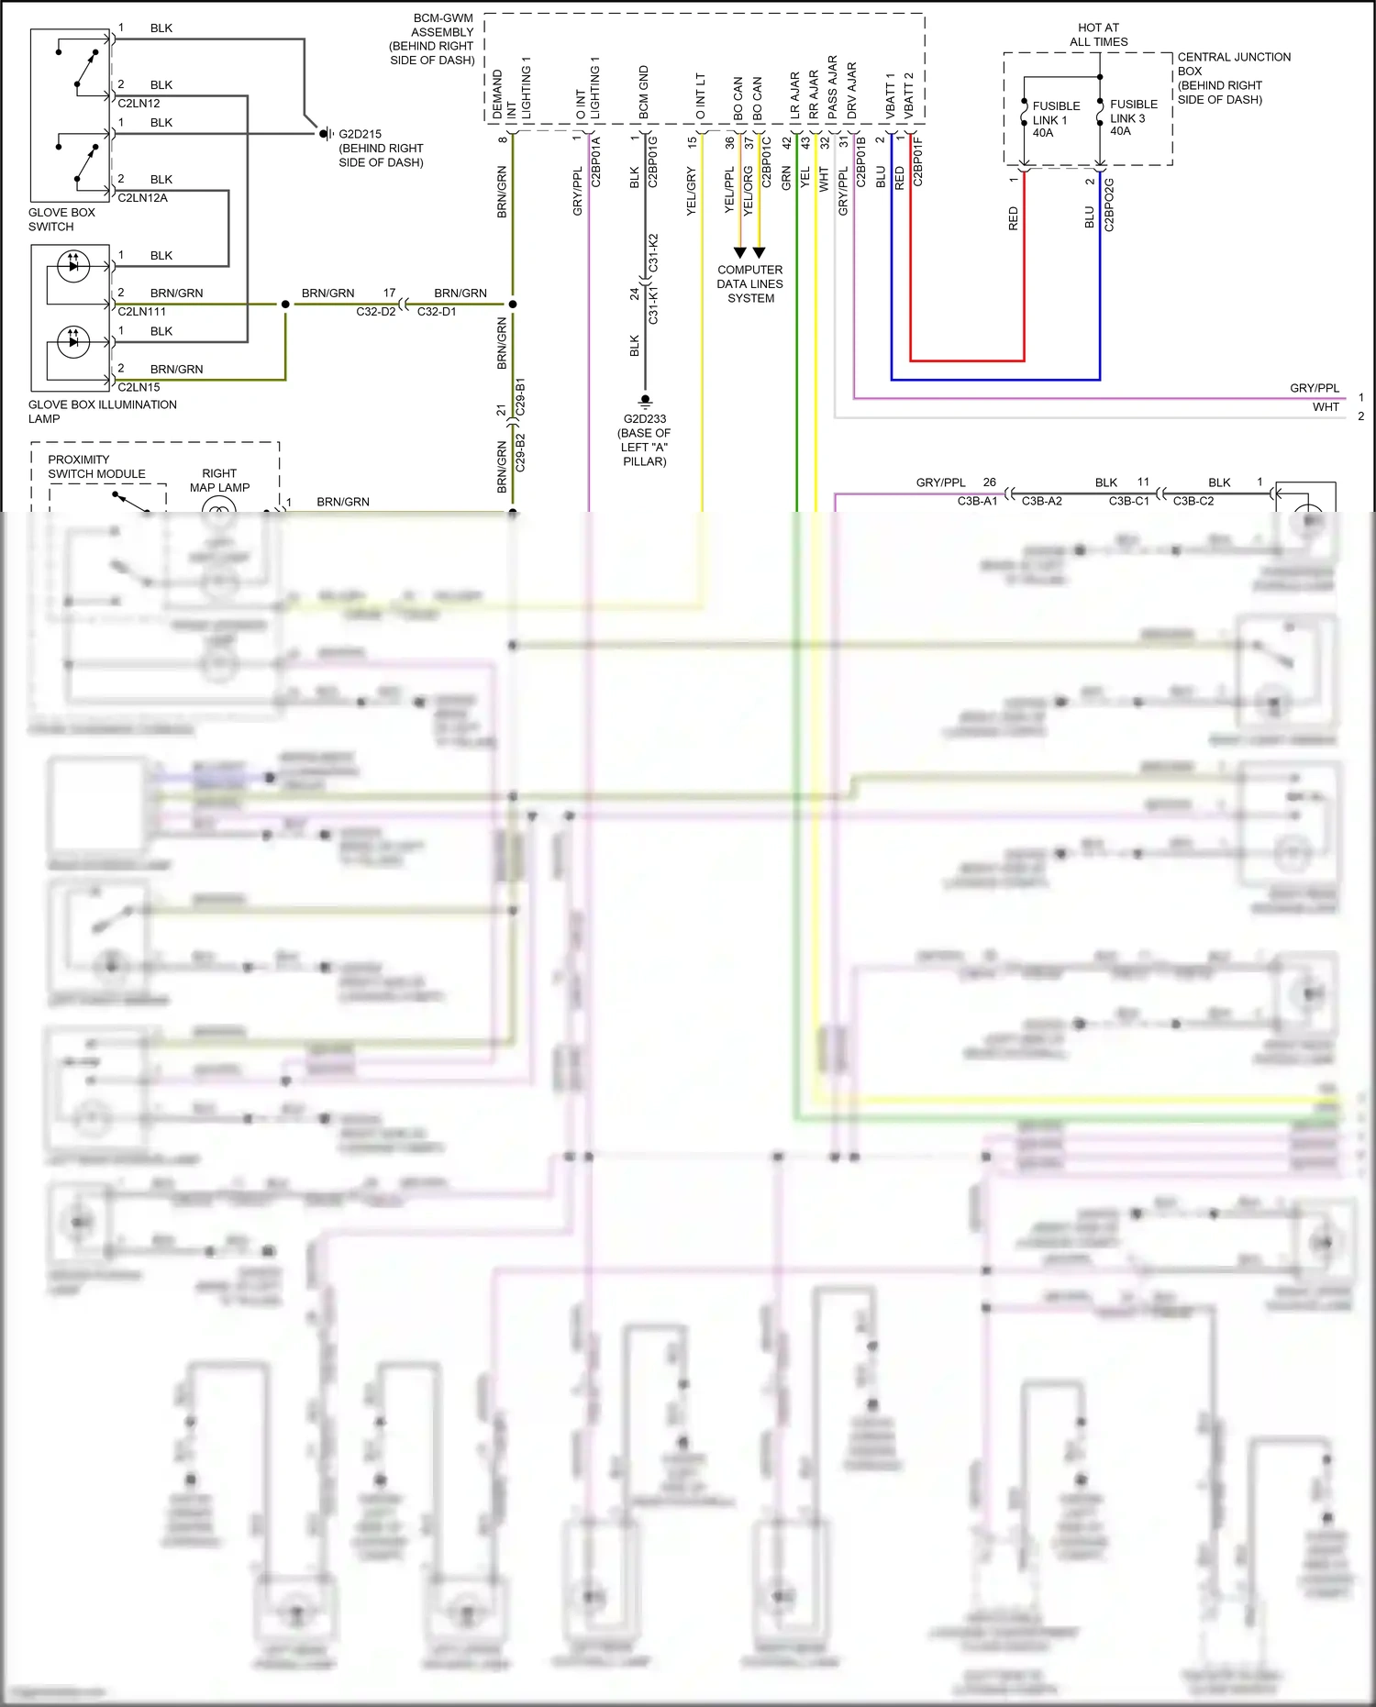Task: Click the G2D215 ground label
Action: tap(361, 134)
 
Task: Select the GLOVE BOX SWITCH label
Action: tap(61, 219)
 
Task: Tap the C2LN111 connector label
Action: tap(142, 312)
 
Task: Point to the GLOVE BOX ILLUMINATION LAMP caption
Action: tap(102, 411)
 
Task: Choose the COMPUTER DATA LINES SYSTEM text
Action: tap(750, 283)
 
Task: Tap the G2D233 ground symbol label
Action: tap(645, 419)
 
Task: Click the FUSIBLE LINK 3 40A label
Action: tap(1133, 117)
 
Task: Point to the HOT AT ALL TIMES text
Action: tap(1098, 35)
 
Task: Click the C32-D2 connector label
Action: tap(376, 312)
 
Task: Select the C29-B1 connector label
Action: tap(521, 396)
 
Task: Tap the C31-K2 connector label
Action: tap(654, 252)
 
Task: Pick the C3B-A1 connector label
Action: tap(977, 502)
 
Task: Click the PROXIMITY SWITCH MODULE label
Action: tap(96, 467)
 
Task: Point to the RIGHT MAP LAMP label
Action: tap(219, 481)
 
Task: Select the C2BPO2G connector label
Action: tap(1109, 205)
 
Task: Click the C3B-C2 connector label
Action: tap(1193, 502)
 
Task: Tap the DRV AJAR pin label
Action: tap(852, 90)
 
